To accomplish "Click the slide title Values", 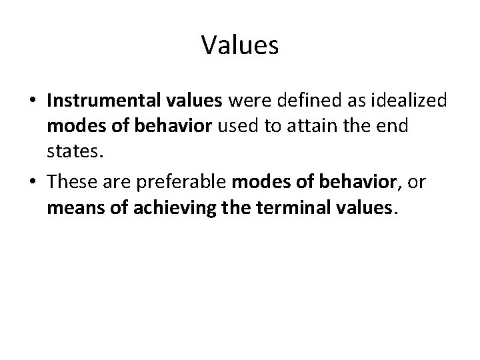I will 239,45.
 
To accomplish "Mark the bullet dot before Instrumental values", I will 33,101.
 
